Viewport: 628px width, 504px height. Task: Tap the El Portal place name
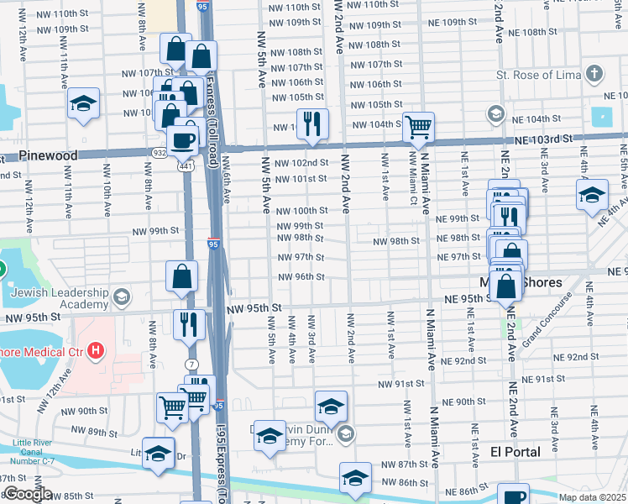coord(515,452)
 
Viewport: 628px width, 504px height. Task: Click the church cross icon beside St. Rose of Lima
coord(594,74)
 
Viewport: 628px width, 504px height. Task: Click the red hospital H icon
coord(96,350)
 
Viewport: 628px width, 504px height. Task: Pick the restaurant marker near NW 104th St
coord(312,123)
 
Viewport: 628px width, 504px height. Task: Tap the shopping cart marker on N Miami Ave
coord(417,127)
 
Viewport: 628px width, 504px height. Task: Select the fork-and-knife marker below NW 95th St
coord(189,324)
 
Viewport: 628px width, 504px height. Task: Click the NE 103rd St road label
coord(543,138)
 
